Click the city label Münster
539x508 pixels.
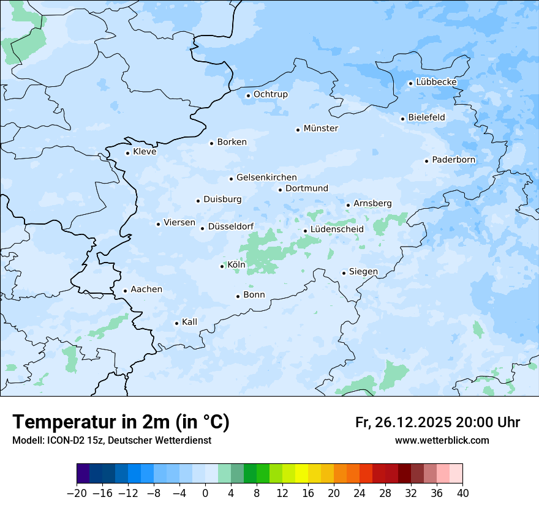click(320, 129)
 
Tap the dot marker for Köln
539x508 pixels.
click(222, 266)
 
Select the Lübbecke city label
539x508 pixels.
click(436, 82)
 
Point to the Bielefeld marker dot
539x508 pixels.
click(402, 119)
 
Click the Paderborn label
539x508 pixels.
click(453, 160)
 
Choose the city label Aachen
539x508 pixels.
click(146, 289)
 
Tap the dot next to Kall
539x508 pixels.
click(176, 323)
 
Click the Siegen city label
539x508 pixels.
click(363, 272)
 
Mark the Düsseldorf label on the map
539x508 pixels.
click(231, 227)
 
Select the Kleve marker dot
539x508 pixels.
click(127, 153)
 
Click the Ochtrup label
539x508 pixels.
click(270, 94)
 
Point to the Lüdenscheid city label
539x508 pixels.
click(337, 230)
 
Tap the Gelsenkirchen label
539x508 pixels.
click(266, 177)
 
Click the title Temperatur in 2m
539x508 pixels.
click(121, 422)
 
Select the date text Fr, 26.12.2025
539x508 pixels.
click(403, 423)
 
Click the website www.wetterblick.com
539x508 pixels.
click(442, 441)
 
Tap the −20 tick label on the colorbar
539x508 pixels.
click(77, 493)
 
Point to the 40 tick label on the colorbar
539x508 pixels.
click(463, 493)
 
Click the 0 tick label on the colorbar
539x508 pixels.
click(205, 493)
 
